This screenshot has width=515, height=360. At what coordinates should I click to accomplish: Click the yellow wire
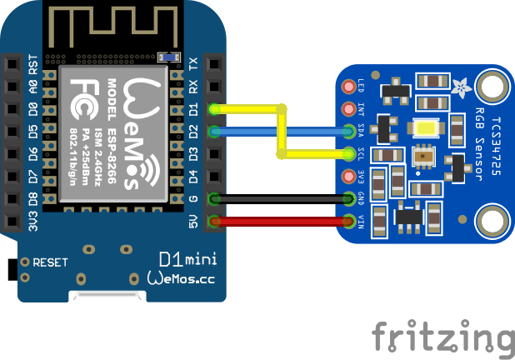[250, 108]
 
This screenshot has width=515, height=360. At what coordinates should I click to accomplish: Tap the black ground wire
[283, 198]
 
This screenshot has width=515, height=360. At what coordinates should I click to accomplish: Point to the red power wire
[283, 221]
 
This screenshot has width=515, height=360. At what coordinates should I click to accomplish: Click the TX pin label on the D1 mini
[193, 64]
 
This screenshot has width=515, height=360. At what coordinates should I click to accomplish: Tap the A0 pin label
[33, 87]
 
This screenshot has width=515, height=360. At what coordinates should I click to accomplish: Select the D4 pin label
[193, 177]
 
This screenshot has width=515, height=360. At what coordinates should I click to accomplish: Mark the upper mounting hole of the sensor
[491, 86]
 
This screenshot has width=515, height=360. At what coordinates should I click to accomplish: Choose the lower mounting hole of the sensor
[491, 222]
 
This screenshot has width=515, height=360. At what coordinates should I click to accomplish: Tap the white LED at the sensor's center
[425, 128]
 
